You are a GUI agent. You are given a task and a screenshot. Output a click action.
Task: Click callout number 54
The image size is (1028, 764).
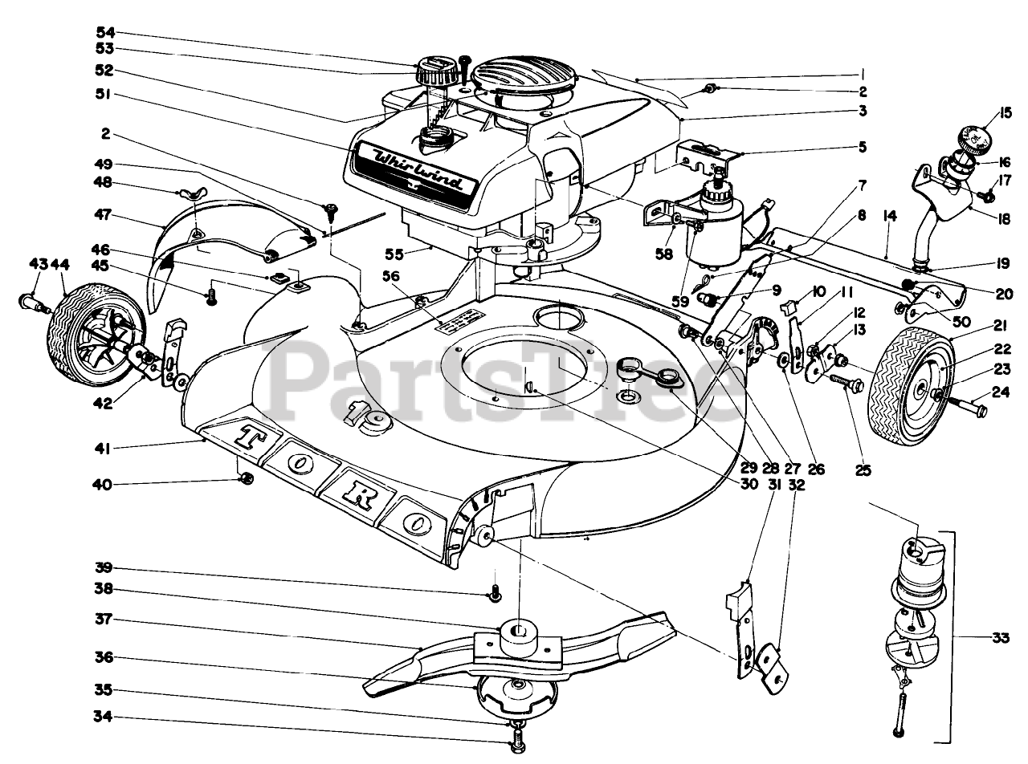(x=104, y=33)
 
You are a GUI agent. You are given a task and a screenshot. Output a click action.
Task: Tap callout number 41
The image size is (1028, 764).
(x=104, y=447)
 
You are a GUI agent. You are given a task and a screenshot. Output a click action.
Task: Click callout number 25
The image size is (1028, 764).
(x=863, y=470)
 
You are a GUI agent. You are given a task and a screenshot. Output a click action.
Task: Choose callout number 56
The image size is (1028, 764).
(x=390, y=275)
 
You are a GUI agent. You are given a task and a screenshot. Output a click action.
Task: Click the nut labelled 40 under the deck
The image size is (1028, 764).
(x=247, y=478)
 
